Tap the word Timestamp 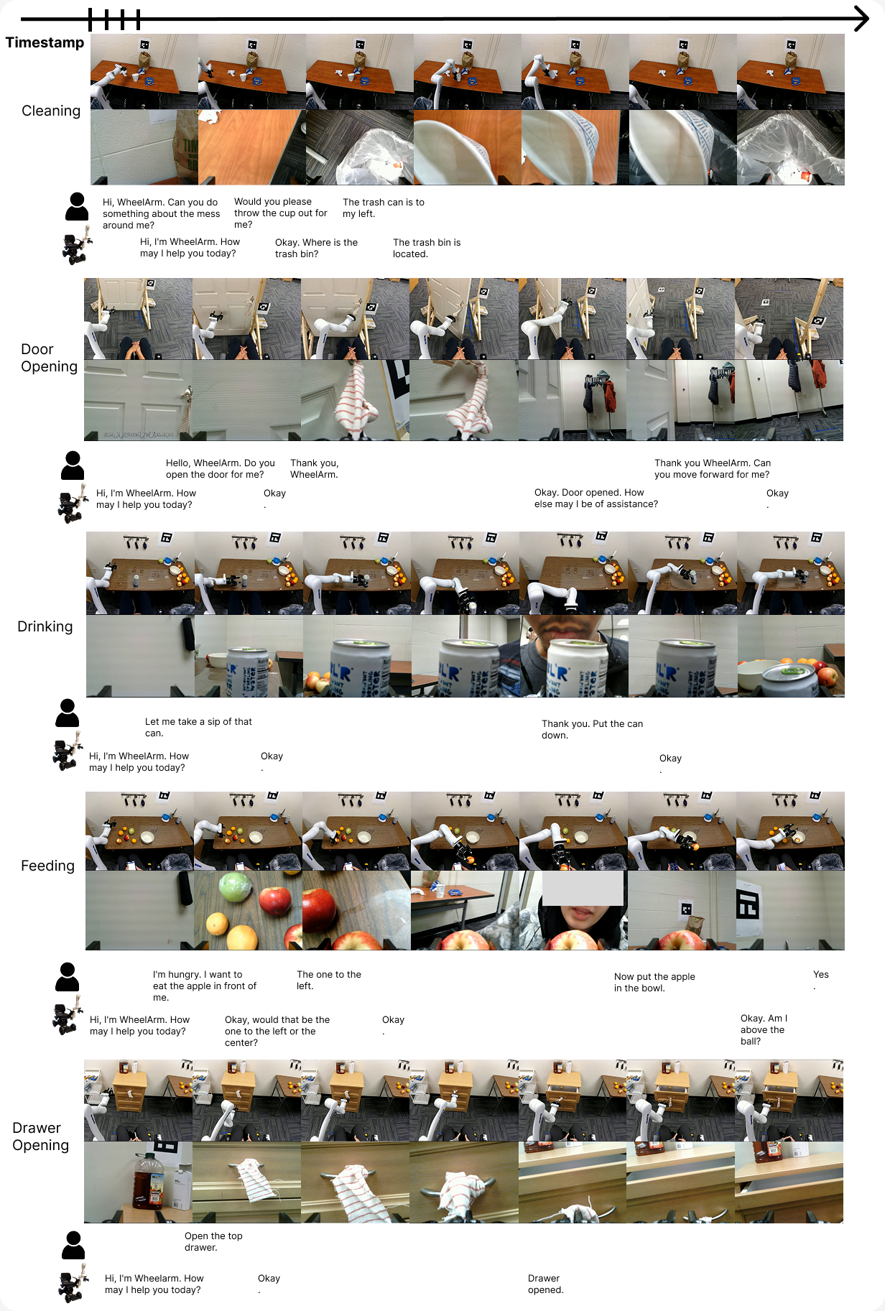click(x=45, y=42)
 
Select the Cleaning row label click(x=51, y=111)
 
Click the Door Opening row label click(x=49, y=358)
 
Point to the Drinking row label click(x=45, y=626)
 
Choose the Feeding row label click(x=47, y=866)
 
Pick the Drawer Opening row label click(x=41, y=1136)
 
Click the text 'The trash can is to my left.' click(x=384, y=208)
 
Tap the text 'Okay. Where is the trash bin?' click(x=316, y=248)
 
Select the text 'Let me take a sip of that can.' click(x=198, y=727)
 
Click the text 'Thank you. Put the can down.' click(x=592, y=729)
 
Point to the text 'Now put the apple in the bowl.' click(x=654, y=982)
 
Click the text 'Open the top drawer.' click(x=213, y=1241)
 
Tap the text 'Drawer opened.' click(x=545, y=1284)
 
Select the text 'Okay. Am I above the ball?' click(x=764, y=1029)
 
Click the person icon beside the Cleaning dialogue click(x=77, y=207)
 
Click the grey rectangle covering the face click(x=583, y=888)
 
